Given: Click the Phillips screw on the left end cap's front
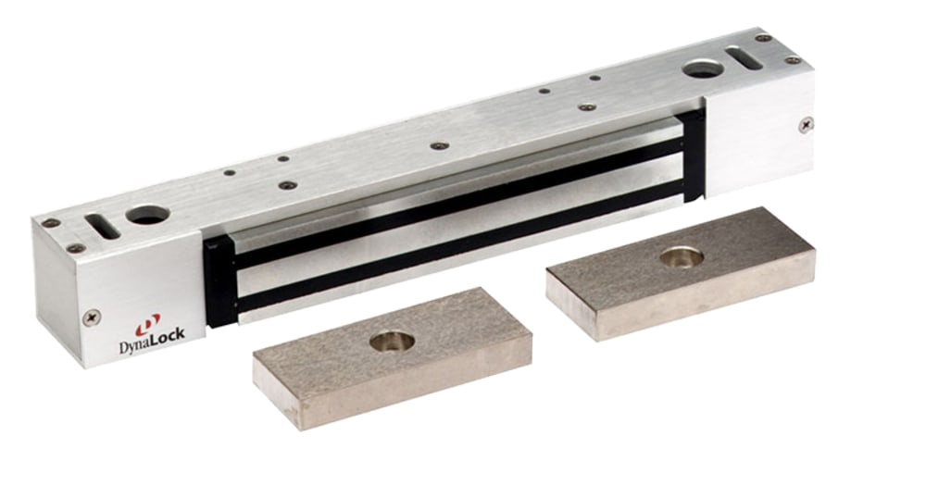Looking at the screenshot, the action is pyautogui.click(x=93, y=318).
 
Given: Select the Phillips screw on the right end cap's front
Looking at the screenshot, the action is pyautogui.click(x=807, y=125).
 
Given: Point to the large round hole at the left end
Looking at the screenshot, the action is pyautogui.click(x=147, y=215).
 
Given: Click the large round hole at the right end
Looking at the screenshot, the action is pyautogui.click(x=704, y=69).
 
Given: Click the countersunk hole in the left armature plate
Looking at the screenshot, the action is pyautogui.click(x=393, y=342).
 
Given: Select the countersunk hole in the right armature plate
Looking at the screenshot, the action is pyautogui.click(x=682, y=256).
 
